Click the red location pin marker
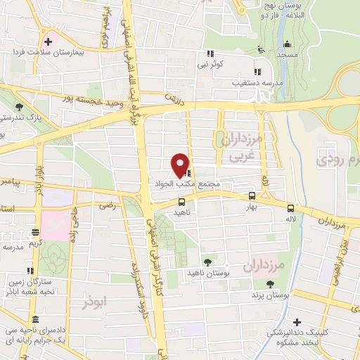pos(180,165)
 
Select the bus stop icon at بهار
pos(252,196)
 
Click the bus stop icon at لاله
pos(290,207)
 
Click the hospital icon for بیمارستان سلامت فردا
pos(47,39)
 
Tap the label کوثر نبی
pos(210,65)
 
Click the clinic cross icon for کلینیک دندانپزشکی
pos(297,321)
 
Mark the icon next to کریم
pos(35,232)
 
